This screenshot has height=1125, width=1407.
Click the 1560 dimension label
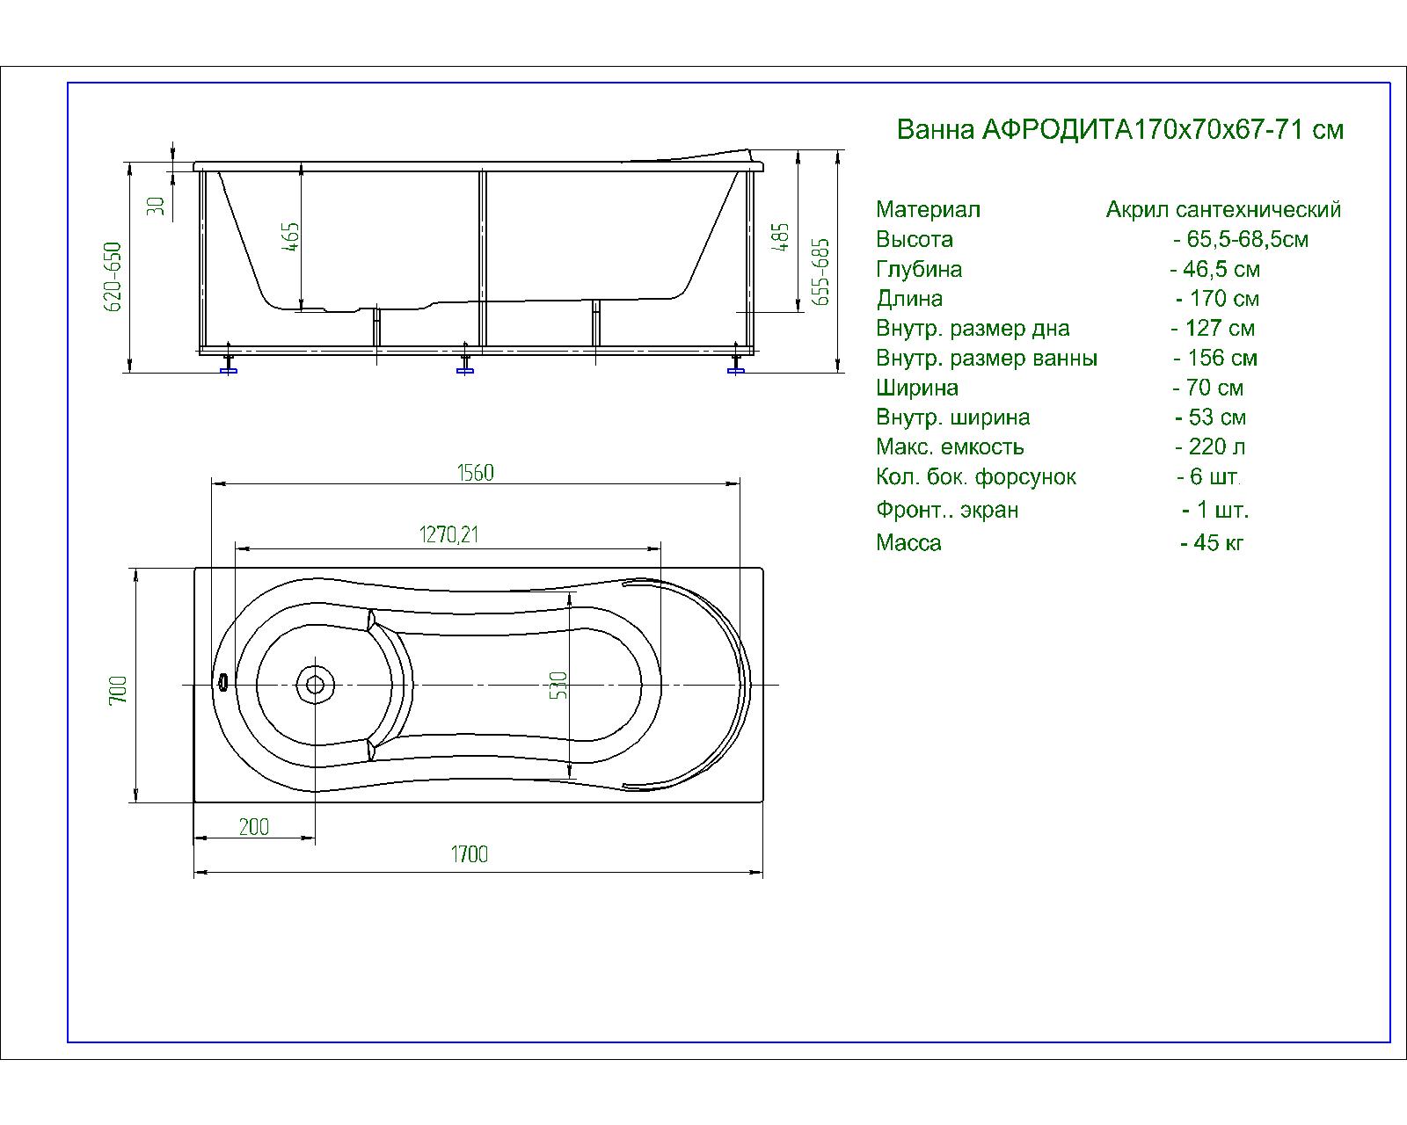(x=476, y=473)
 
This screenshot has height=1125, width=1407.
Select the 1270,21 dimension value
(x=448, y=534)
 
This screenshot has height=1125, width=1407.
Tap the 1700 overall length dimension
(x=470, y=853)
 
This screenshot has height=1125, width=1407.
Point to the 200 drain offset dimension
(x=253, y=827)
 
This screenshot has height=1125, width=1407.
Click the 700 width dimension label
(x=119, y=690)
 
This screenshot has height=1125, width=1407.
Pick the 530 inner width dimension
(x=558, y=685)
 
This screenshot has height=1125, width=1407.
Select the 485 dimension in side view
(x=781, y=236)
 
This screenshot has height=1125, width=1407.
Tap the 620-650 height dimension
(x=113, y=277)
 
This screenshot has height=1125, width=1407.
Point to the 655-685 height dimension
(x=820, y=272)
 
